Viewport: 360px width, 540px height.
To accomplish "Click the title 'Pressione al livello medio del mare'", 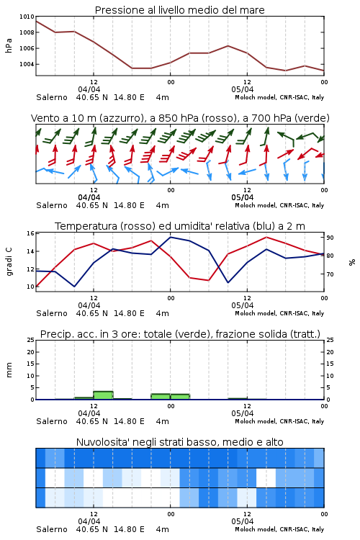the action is [x=179, y=10].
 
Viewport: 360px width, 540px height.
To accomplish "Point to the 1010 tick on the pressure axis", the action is [x=27, y=17].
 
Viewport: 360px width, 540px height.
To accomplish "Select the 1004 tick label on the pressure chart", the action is [x=27, y=64].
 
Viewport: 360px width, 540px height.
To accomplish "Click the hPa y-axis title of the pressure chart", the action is [x=9, y=45].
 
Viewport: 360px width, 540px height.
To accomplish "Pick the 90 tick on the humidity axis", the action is [x=330, y=238].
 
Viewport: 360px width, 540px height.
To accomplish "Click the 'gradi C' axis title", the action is [x=9, y=261].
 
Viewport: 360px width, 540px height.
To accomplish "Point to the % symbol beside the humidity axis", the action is [x=352, y=262].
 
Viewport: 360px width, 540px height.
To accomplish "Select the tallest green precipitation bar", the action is [x=104, y=395].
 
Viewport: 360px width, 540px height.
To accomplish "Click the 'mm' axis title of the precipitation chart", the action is [x=9, y=370].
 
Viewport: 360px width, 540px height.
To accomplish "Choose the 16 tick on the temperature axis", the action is [x=30, y=233].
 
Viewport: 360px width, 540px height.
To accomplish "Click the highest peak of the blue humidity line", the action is [x=170, y=237].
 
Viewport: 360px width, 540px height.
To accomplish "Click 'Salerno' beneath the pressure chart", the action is [x=52, y=97].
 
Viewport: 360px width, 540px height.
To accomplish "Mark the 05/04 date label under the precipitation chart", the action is [x=243, y=413].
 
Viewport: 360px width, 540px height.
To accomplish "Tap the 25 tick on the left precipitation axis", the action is [x=30, y=340].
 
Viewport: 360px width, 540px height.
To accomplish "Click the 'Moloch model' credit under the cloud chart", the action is [x=256, y=529].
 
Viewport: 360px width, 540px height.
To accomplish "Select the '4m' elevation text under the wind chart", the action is [x=162, y=206].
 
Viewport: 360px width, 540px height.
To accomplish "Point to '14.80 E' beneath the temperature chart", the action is [x=129, y=313].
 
